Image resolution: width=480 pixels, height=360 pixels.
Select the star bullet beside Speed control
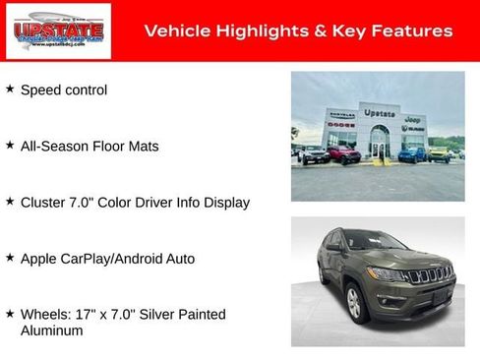click(10, 90)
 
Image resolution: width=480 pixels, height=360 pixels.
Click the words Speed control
click(64, 90)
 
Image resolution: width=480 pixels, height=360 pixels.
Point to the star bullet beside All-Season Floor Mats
click(10, 146)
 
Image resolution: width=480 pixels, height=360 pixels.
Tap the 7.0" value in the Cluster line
click(88, 203)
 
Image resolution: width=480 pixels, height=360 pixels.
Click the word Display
click(224, 203)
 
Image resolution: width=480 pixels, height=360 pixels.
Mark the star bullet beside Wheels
click(10, 314)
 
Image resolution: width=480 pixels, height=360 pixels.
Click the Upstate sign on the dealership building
click(379, 113)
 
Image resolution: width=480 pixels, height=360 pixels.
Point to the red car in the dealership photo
click(343, 154)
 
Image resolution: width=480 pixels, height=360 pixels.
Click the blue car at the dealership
click(413, 153)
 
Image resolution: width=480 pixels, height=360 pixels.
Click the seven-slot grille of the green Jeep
click(430, 274)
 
